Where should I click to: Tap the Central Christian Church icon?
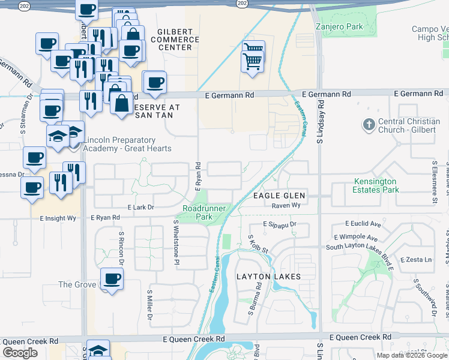point(367,125)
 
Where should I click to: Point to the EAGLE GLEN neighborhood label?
point(279,196)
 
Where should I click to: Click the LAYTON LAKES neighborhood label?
point(268,277)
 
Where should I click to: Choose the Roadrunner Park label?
point(197,212)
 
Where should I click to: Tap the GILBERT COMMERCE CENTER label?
point(178,39)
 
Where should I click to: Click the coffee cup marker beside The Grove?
point(112,279)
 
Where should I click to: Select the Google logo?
point(20,352)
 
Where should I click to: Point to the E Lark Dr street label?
point(140,207)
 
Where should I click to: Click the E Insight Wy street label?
point(58,218)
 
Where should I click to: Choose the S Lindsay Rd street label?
point(321,120)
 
